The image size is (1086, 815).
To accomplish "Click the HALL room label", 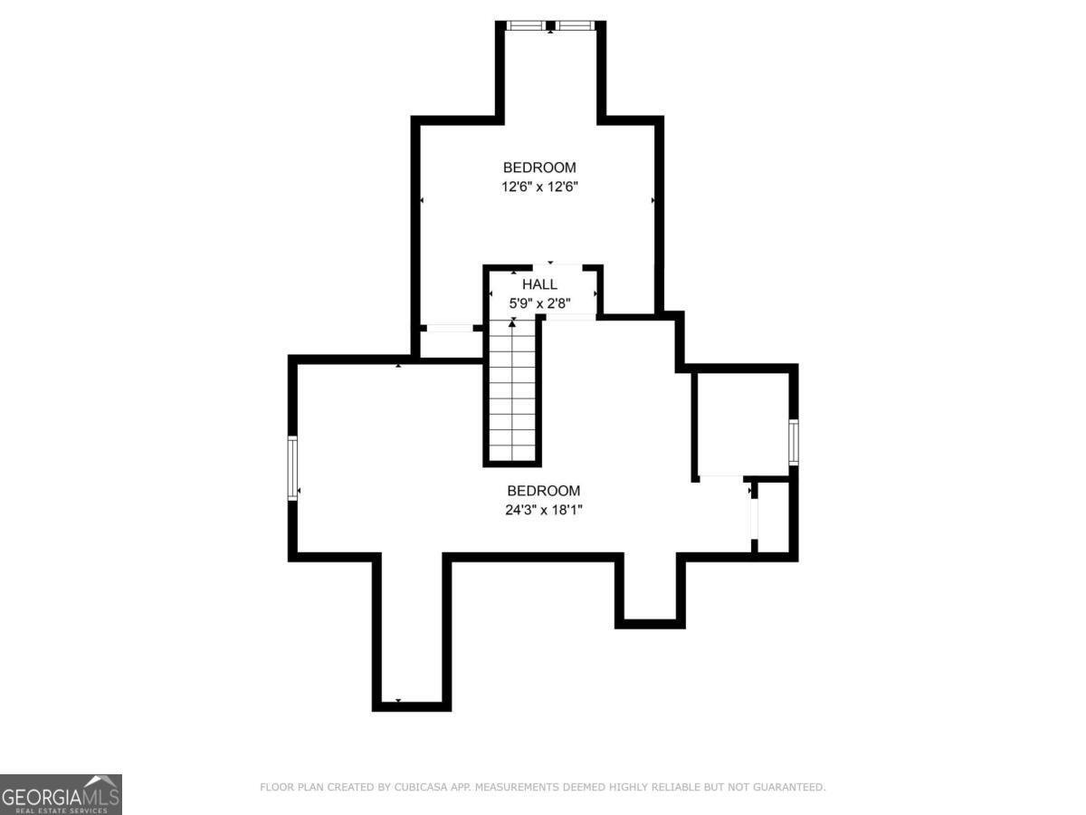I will coord(539,284).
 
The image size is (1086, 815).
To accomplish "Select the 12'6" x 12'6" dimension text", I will coord(539,187).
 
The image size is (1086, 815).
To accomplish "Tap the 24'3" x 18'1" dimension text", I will coord(543,510).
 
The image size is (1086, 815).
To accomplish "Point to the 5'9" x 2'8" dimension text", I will coord(539,303).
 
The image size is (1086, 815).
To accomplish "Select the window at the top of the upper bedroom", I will coord(550,25).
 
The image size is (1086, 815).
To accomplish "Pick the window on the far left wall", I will coord(293,467).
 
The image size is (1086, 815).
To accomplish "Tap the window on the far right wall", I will coord(793,442).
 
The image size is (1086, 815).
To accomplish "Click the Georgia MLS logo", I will coord(61,794).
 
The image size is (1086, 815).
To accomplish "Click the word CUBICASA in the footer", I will coord(418,788).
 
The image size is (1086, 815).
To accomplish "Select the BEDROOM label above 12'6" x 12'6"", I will coord(539,168).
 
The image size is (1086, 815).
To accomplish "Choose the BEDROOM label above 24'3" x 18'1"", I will coord(543,491).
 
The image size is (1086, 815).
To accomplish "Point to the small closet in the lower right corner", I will coord(775,517).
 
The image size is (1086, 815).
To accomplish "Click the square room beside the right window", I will coord(741,423).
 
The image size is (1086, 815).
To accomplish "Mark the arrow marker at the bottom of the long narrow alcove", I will coord(398,701).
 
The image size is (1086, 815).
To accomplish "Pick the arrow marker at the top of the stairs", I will coord(512,322).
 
